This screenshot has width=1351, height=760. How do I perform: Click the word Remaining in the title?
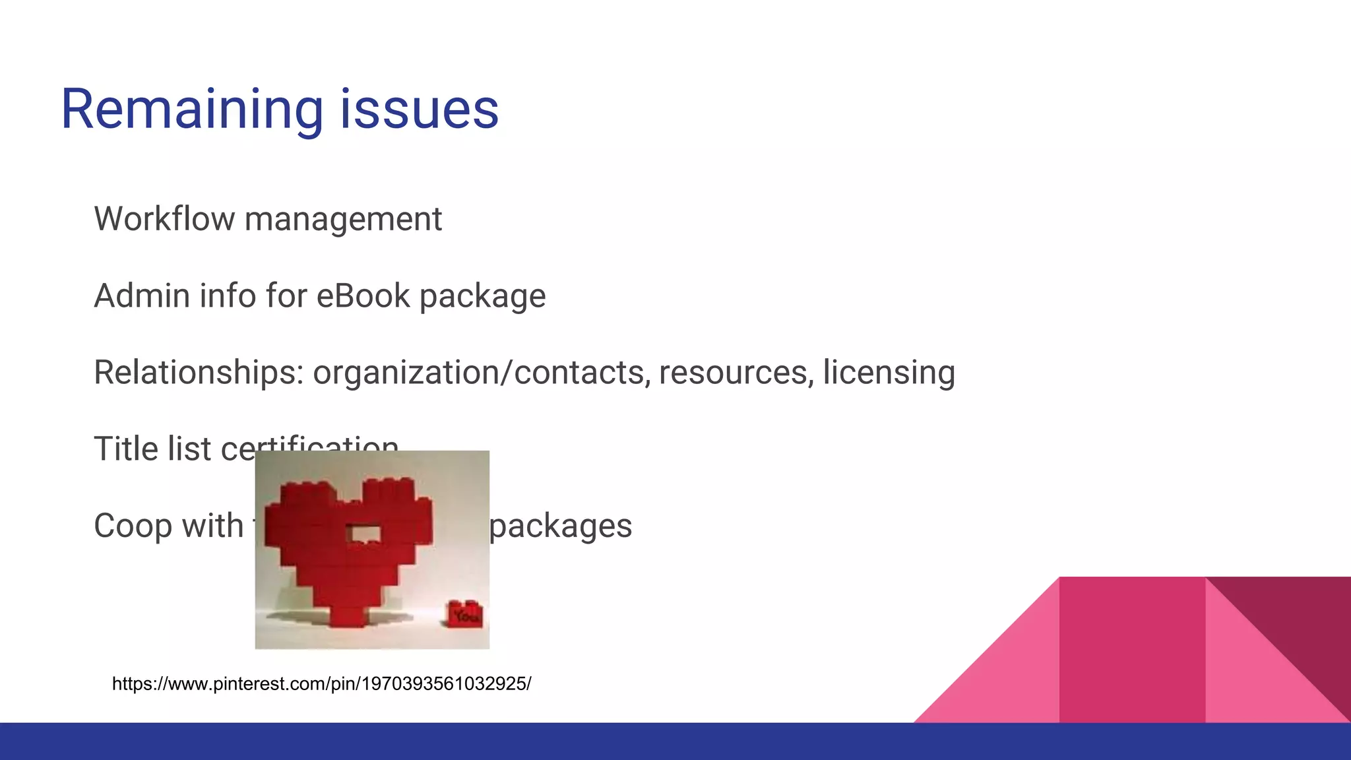click(191, 110)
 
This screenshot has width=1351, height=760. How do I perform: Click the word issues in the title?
click(419, 110)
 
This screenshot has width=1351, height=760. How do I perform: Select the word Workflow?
click(164, 219)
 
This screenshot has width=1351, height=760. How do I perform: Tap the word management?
click(343, 220)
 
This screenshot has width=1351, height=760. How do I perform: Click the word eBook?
click(363, 296)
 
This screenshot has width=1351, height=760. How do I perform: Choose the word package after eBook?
click(483, 297)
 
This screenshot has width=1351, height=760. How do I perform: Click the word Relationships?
click(199, 373)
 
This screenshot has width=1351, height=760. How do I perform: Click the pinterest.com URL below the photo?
click(321, 683)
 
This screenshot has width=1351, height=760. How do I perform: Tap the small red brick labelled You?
click(465, 614)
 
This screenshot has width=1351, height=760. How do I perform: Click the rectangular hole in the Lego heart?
click(363, 533)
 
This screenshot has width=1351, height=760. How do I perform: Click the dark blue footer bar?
click(675, 742)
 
